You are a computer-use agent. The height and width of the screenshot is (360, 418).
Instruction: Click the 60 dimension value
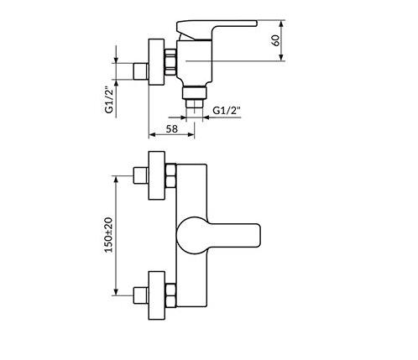point(275,40)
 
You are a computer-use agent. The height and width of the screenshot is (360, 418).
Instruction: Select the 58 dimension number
point(172,129)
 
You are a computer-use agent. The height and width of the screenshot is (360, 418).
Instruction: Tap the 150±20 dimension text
point(108,235)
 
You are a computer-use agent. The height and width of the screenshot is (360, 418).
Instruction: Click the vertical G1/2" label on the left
point(109,101)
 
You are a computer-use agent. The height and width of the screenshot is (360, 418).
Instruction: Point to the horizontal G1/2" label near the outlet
point(227,111)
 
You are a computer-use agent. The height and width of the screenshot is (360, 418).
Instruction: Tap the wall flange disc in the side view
point(156,62)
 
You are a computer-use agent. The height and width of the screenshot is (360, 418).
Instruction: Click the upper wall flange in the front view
point(157,175)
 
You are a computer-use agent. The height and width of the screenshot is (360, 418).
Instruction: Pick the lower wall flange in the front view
point(157,295)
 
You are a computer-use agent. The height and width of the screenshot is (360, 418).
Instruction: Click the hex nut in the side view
point(170,62)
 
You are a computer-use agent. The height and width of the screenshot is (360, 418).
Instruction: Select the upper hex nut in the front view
point(170,175)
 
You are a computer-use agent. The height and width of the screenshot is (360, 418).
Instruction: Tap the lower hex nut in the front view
point(170,295)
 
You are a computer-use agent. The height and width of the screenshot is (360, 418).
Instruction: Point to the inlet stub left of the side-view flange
point(141,71)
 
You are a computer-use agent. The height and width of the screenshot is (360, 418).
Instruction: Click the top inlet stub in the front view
point(140,175)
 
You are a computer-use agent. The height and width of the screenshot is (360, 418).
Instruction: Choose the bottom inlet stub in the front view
point(140,295)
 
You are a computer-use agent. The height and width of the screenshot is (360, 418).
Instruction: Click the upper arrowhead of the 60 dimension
point(282,23)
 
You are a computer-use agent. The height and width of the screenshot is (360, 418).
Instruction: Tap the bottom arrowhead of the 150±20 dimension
point(116,291)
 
